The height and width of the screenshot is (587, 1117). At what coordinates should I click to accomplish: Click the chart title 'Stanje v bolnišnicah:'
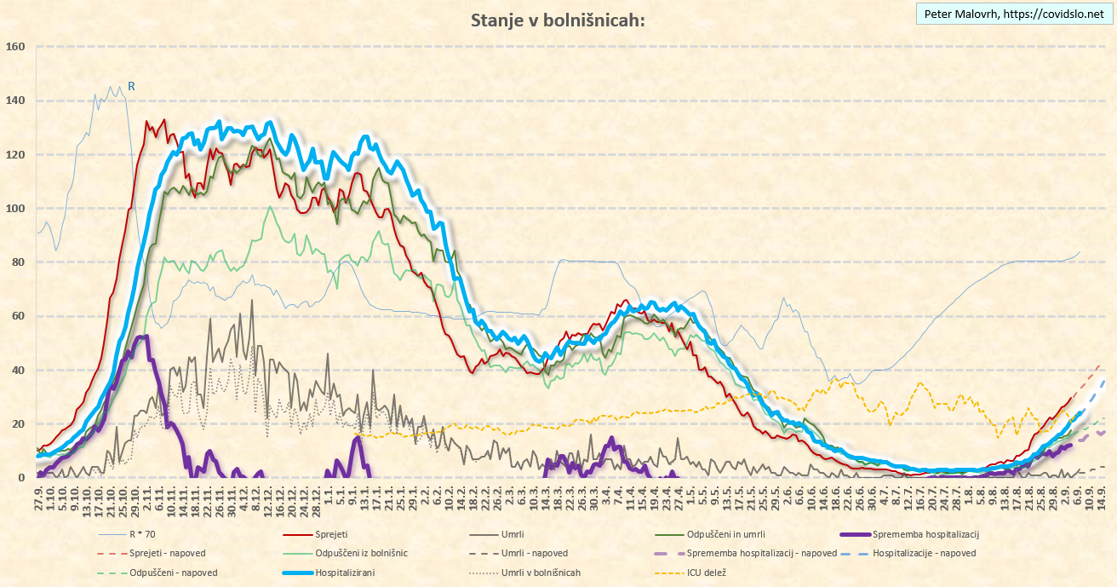click(x=558, y=20)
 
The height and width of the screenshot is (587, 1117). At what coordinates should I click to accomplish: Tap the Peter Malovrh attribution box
click(x=1014, y=14)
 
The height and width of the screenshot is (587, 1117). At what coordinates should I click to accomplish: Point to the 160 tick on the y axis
click(x=15, y=47)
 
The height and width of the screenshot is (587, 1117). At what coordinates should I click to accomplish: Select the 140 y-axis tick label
click(x=15, y=101)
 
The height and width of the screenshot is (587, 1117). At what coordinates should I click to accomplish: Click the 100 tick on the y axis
click(x=15, y=209)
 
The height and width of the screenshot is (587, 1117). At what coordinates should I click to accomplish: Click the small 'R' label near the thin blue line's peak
click(x=132, y=86)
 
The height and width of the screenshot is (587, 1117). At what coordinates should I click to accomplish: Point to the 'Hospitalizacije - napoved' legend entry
click(x=924, y=554)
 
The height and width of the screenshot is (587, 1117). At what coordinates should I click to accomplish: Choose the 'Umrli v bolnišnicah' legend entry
click(x=541, y=573)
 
